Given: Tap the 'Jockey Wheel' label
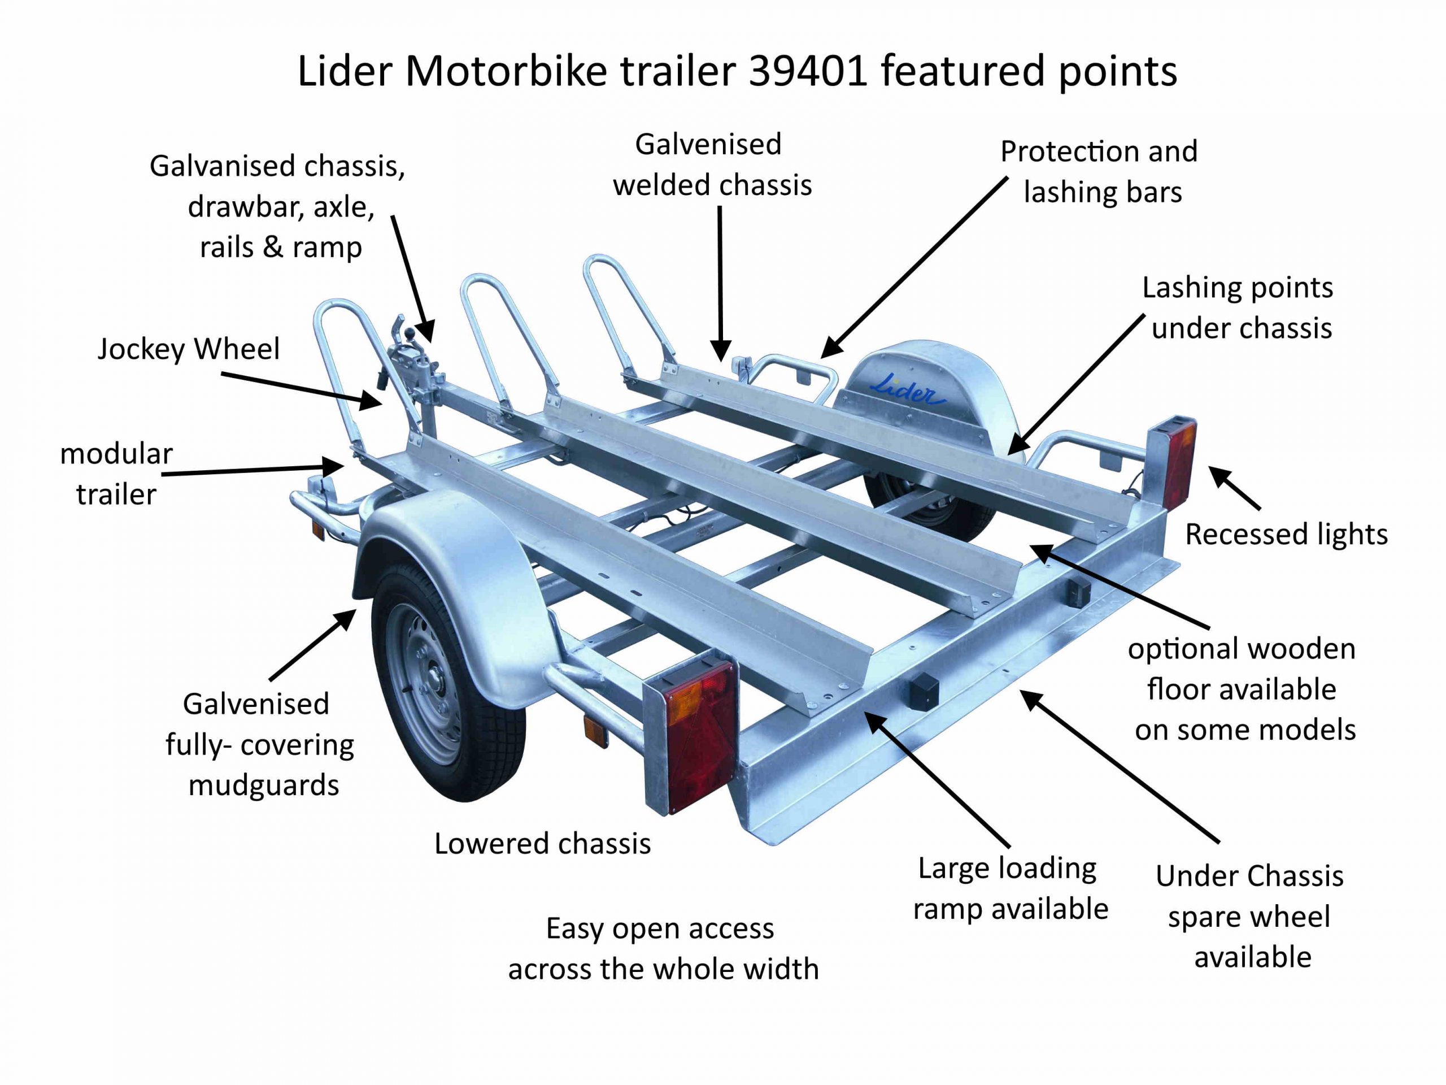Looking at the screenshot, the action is [x=188, y=349].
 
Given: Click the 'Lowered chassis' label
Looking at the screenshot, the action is [x=543, y=844].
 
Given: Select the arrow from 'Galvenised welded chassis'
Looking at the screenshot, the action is [x=720, y=284].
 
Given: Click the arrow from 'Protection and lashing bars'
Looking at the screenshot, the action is [x=914, y=267].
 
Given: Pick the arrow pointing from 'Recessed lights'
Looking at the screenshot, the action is [x=1234, y=487].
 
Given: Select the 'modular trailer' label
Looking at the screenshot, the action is [x=116, y=474].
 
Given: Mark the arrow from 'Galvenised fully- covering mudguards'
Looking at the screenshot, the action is [x=312, y=645].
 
